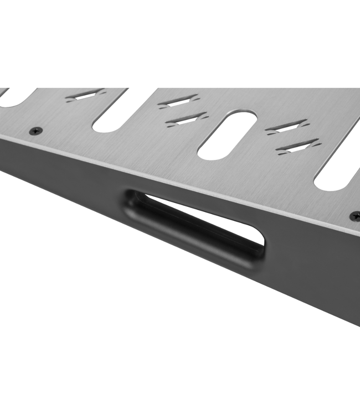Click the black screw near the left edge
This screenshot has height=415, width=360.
click(36, 131)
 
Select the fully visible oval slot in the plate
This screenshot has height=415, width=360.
click(227, 136)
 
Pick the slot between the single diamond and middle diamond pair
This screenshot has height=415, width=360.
click(119, 111)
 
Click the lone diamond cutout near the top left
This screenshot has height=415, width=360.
click(85, 95)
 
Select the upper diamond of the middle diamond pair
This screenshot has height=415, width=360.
click(178, 101)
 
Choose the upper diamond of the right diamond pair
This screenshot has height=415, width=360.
click(286, 127)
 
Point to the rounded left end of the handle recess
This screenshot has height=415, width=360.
click(128, 203)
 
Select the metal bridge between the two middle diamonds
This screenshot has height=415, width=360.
click(183, 110)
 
